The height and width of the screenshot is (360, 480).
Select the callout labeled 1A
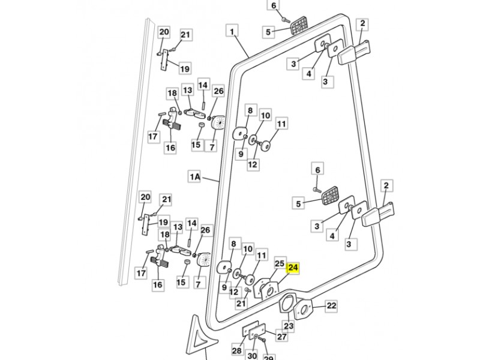pyautogui.click(x=196, y=176)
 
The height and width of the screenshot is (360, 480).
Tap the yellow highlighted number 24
pyautogui.click(x=293, y=268)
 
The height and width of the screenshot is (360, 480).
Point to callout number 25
pyautogui.click(x=279, y=263)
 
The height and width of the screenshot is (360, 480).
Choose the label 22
pyautogui.click(x=332, y=306)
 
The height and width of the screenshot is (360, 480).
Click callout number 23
pyautogui.click(x=289, y=326)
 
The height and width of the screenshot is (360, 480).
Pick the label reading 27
pyautogui.click(x=281, y=337)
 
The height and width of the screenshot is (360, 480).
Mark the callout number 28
pyautogui.click(x=236, y=351)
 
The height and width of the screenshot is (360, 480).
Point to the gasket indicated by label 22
pyautogui.click(x=305, y=311)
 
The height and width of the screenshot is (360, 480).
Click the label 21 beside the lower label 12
pyautogui.click(x=241, y=304)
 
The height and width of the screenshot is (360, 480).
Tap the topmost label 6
pyautogui.click(x=274, y=5)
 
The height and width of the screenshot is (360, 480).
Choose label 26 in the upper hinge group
pyautogui.click(x=218, y=91)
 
